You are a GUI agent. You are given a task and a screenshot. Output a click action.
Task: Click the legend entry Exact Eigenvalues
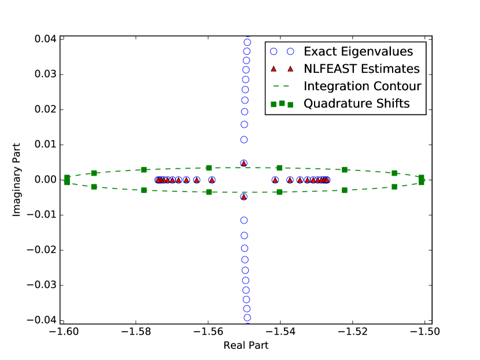tap(359, 51)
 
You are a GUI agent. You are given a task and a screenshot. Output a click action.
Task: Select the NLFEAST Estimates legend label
tap(361, 69)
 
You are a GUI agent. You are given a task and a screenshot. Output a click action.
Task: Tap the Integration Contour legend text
tap(362, 86)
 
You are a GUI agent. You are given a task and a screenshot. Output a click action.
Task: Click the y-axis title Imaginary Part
tap(17, 180)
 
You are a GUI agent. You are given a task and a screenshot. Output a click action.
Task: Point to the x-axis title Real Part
tap(246, 346)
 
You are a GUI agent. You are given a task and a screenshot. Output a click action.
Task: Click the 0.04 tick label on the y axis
tap(44, 39)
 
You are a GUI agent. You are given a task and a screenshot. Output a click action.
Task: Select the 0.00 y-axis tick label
tap(44, 180)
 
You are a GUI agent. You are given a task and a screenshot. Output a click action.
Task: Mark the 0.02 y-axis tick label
tap(44, 109)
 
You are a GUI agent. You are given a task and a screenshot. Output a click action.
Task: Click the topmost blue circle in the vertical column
tap(247, 42)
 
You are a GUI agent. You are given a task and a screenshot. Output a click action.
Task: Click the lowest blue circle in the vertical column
tap(247, 317)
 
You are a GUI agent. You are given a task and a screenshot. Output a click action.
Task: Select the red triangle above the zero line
tap(244, 164)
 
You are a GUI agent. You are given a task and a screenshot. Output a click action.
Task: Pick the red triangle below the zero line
tap(244, 196)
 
